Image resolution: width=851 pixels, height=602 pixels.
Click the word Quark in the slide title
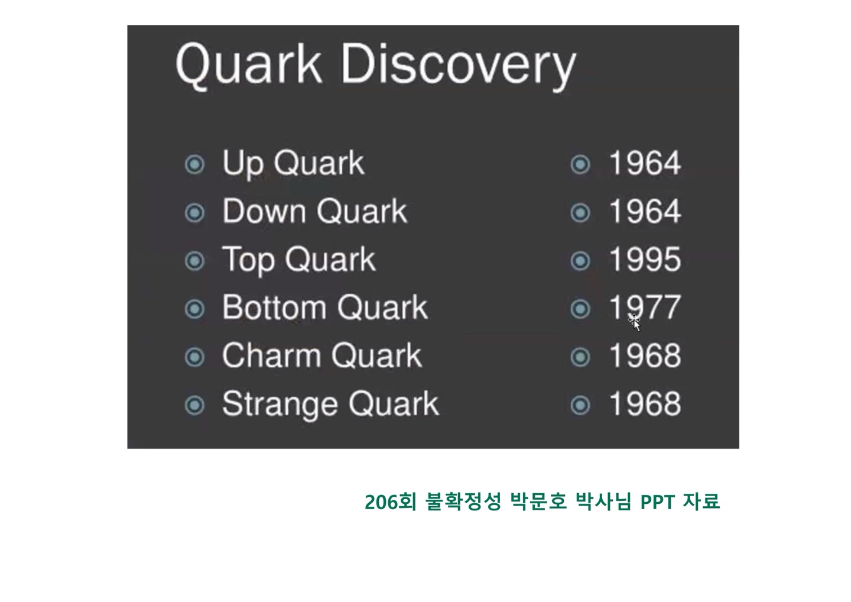248,66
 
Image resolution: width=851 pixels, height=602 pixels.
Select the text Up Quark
293,164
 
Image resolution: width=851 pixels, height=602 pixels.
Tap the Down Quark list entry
314,211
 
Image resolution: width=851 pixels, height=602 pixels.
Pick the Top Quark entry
299,260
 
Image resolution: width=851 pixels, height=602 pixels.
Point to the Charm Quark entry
321,355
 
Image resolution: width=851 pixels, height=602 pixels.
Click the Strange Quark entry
330,404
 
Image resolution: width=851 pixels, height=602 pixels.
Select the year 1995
645,260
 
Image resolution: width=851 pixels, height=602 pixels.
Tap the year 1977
645,308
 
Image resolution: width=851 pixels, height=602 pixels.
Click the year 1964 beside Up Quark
645,163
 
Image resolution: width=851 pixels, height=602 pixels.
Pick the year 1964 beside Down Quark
645,211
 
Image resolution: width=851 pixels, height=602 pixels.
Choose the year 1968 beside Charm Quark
645,356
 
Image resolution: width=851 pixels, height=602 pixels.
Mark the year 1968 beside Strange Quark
645,404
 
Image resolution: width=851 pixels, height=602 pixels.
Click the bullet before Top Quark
194,261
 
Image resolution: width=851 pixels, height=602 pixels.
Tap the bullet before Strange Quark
194,406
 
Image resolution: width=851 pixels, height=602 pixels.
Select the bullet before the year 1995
580,261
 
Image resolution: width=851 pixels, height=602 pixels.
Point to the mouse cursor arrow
635,325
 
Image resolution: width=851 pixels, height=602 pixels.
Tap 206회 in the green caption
391,501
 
